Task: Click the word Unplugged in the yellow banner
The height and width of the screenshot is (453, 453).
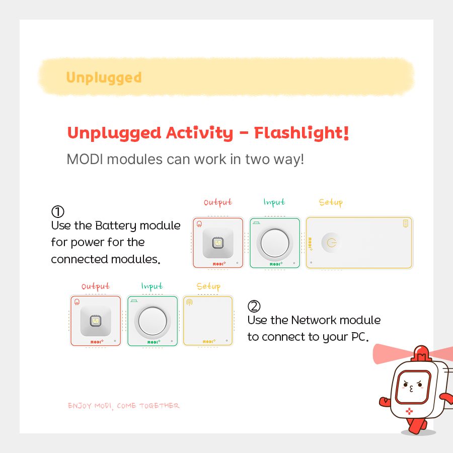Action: (x=104, y=78)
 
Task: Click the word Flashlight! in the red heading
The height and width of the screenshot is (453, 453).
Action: (x=301, y=133)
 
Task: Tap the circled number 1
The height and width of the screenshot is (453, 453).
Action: (x=58, y=211)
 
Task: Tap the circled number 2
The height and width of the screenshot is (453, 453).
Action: (x=254, y=306)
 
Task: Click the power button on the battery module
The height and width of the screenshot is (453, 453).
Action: (x=332, y=243)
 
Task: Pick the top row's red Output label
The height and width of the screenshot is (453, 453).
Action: (x=218, y=202)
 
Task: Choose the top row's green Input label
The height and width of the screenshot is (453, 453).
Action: (x=274, y=202)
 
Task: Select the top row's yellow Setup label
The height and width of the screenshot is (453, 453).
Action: (x=331, y=202)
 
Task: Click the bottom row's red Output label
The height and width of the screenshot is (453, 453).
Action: (x=96, y=286)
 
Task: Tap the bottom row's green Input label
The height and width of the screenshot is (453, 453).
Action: (x=152, y=286)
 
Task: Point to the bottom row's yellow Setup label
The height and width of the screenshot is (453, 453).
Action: (x=208, y=286)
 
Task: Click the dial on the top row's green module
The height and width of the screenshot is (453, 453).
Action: (x=275, y=243)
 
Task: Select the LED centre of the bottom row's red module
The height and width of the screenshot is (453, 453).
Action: (x=95, y=321)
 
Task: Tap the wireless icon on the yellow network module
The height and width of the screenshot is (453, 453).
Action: (x=190, y=302)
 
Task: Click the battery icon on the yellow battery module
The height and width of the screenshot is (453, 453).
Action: (x=406, y=223)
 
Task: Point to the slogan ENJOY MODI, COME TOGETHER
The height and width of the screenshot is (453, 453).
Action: (x=124, y=406)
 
